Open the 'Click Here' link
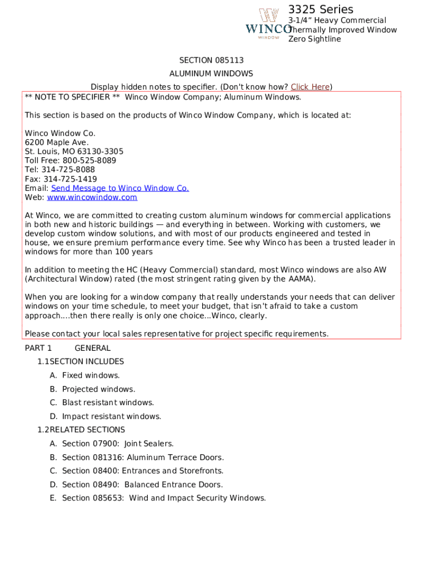(x=310, y=87)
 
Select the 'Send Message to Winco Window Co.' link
(x=120, y=188)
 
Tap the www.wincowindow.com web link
(x=92, y=197)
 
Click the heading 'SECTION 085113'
(x=211, y=60)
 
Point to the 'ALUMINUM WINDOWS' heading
(x=211, y=73)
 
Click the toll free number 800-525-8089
(x=90, y=161)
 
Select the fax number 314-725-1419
(x=70, y=179)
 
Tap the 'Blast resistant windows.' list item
(x=108, y=402)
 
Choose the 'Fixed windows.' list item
(x=91, y=376)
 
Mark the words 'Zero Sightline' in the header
(x=315, y=39)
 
